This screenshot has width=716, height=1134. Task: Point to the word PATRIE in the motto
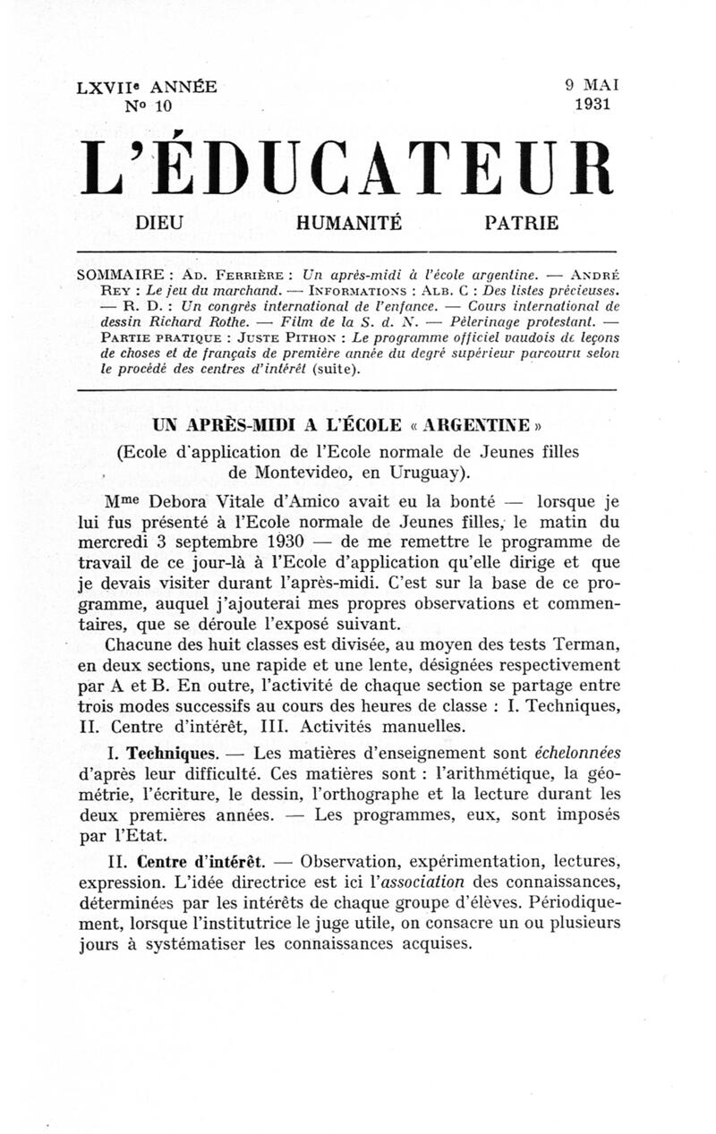521,224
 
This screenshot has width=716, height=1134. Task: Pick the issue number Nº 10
146,107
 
